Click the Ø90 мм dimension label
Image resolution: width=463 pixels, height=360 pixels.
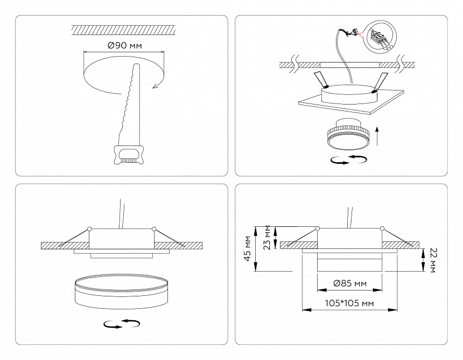click(124, 46)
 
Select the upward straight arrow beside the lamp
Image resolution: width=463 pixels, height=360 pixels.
click(377, 134)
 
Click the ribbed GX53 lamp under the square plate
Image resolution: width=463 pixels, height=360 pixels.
click(346, 135)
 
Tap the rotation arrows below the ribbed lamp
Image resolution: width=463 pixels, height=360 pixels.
click(349, 160)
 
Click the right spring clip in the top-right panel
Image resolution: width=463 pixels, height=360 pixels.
click(381, 81)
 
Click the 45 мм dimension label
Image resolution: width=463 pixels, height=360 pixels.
click(248, 248)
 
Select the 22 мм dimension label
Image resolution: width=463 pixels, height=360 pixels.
click(433, 260)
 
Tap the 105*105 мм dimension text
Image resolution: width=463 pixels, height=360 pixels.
click(349, 304)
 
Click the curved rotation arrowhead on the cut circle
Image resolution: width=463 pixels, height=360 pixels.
click(157, 82)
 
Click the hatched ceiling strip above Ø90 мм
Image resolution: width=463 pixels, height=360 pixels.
click(124, 29)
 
